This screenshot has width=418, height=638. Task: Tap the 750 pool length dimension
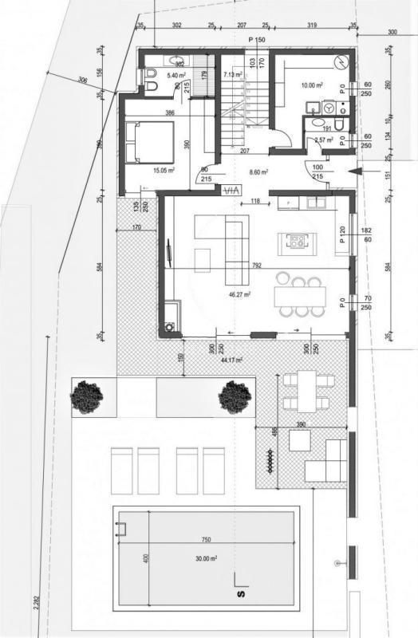point(206,540)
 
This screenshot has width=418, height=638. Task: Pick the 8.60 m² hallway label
point(260,171)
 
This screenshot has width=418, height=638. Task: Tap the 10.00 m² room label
point(312,85)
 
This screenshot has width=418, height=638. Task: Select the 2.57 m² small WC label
point(324,140)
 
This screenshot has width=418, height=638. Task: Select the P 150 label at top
point(257,40)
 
